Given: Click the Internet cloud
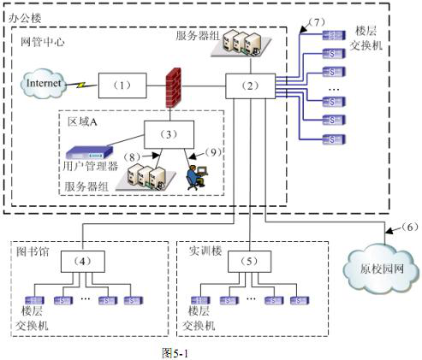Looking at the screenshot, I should point(44,85).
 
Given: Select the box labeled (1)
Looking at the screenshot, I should point(121,85).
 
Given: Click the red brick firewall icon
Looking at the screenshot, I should point(177,86).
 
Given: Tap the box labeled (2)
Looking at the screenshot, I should point(249,85).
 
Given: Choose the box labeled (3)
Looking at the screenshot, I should point(168,133).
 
